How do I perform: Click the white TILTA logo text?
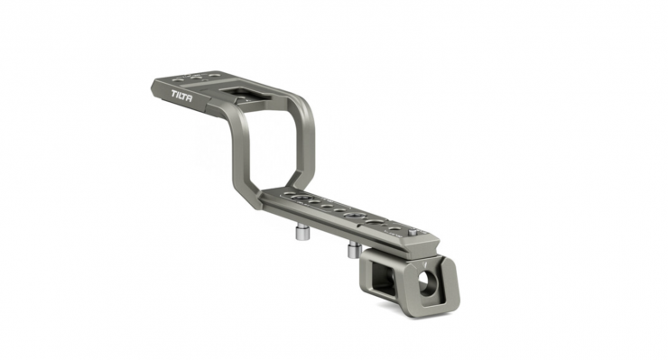coord(182,96)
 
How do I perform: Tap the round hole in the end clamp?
coord(425,282)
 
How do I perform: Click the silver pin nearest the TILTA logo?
coord(302,233)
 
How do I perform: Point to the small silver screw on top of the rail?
coord(413,233)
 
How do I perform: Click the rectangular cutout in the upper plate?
coord(236,93)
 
